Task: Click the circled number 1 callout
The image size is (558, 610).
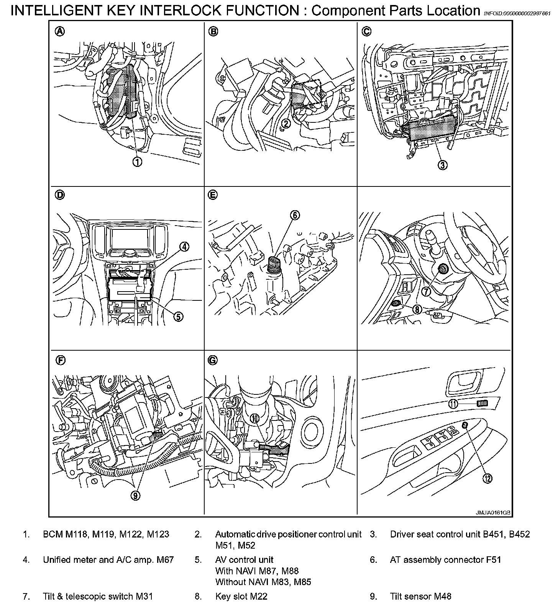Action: (137, 162)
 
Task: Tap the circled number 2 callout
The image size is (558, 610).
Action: (286, 123)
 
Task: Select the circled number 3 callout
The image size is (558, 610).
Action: (442, 165)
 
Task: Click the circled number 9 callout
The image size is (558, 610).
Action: (135, 496)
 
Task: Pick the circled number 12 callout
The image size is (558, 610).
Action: (487, 478)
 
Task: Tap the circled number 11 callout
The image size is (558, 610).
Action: (453, 403)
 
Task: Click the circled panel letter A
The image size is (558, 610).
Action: (60, 31)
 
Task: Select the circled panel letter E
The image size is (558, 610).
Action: (212, 195)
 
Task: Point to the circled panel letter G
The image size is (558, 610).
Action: (212, 360)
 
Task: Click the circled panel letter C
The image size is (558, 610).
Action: (366, 31)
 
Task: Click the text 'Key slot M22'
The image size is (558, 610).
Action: (241, 596)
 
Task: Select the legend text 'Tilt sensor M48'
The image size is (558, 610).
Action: (420, 596)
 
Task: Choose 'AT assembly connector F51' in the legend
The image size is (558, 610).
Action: (445, 560)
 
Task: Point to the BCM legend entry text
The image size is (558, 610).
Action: (106, 534)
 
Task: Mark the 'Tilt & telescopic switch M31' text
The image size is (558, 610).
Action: (98, 596)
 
